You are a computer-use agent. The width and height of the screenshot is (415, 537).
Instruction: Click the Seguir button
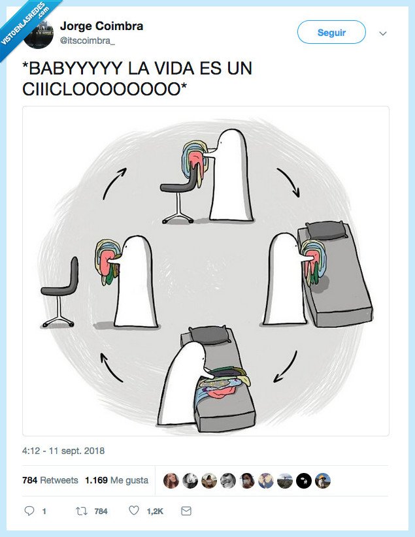pos(331,32)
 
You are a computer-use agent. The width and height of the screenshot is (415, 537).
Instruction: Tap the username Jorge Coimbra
pos(101,26)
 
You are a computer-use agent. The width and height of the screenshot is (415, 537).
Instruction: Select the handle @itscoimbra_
pos(87,41)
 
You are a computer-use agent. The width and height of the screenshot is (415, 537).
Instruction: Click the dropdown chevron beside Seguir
pos(383,33)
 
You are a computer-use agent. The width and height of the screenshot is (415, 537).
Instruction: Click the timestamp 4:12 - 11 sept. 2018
pos(63,451)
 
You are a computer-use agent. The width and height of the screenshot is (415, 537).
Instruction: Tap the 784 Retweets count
pos(50,480)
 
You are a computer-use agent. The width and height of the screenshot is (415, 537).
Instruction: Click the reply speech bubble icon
pos(29,511)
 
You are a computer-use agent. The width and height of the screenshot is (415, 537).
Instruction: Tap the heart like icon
pos(134,511)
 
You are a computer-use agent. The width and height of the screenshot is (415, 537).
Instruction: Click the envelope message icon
pos(186,511)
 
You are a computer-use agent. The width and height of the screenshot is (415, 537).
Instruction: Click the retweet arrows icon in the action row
pos(82,511)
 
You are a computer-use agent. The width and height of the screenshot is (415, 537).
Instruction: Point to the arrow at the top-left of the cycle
pos(114,184)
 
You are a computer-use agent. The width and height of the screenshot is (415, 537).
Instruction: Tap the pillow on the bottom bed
pos(209,334)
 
